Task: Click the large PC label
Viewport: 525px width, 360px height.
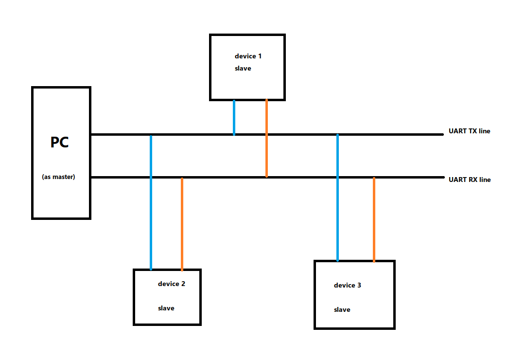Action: (x=60, y=143)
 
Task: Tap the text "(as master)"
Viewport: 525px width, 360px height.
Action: (x=59, y=177)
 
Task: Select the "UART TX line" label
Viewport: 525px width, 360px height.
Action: (x=469, y=131)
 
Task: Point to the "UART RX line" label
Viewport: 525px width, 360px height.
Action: (x=470, y=180)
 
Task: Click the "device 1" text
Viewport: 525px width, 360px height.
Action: (x=248, y=56)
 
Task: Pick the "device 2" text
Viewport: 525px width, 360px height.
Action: (x=171, y=284)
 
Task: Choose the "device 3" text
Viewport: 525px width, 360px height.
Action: (x=347, y=285)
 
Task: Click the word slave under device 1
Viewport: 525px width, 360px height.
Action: (x=243, y=69)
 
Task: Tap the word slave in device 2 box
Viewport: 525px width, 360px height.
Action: (x=166, y=308)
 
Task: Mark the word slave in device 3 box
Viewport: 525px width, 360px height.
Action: (x=342, y=310)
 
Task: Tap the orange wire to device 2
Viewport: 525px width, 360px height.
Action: (x=182, y=224)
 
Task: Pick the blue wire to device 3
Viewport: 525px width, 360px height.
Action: (x=337, y=204)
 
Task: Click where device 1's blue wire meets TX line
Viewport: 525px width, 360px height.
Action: (x=234, y=134)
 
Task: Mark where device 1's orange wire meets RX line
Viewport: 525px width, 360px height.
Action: (x=266, y=177)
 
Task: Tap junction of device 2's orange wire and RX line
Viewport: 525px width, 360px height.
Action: (x=182, y=178)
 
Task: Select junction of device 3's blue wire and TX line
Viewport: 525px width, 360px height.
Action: (x=337, y=135)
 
